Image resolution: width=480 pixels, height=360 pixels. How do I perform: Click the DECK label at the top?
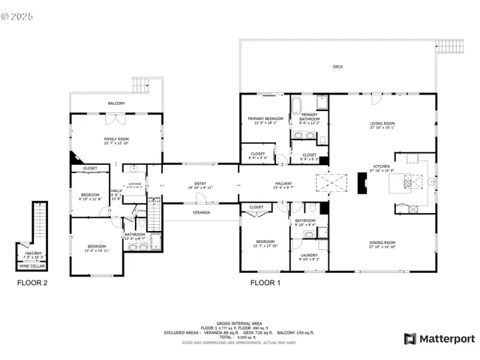click(337, 67)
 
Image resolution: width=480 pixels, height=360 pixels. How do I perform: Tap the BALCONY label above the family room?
click(115, 103)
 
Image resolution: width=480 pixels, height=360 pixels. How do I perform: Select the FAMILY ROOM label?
click(116, 139)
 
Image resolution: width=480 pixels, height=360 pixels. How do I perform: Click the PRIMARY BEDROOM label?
click(265, 119)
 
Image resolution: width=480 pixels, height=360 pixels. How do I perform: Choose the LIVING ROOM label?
click(382, 124)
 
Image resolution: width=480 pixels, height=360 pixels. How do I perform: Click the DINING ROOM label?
click(382, 242)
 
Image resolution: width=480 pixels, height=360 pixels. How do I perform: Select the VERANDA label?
click(199, 213)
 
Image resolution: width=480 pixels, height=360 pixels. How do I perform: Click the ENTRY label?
click(200, 183)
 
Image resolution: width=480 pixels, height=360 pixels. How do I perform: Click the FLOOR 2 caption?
click(32, 283)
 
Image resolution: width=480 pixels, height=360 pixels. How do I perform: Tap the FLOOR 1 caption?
click(265, 283)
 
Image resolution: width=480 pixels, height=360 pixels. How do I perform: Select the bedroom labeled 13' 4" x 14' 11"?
click(96, 247)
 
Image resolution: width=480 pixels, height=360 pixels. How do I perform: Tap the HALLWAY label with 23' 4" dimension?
click(283, 184)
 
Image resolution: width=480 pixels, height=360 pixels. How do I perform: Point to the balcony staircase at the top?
click(142, 85)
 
